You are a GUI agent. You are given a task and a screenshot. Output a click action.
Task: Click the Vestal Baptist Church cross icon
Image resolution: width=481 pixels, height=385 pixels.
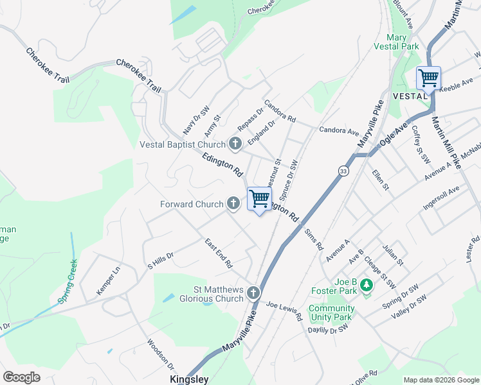(x=235, y=144)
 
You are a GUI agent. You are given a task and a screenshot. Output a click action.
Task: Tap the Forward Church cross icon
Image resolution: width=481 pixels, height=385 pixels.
(x=234, y=204)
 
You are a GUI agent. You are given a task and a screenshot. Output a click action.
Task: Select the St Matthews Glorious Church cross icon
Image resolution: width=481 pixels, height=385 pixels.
(x=253, y=293)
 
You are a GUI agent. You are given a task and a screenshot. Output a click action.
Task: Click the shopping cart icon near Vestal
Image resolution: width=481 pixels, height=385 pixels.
(x=428, y=78)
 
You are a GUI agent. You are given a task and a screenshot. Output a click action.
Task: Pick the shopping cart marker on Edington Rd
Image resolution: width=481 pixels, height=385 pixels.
(x=259, y=199)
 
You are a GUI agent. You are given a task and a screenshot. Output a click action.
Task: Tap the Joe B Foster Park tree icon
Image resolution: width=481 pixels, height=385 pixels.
(x=367, y=284)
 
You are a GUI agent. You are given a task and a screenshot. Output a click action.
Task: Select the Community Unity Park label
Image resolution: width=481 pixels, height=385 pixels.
(x=331, y=312)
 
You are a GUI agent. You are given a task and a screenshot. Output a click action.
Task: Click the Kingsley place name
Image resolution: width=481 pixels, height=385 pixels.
(x=190, y=379)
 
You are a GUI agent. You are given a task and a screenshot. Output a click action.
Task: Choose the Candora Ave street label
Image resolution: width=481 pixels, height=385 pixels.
(x=339, y=130)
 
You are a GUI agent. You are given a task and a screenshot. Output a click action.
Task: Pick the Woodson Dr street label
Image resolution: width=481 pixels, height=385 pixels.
(x=161, y=354)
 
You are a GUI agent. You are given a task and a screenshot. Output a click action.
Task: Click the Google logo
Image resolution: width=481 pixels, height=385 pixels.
(x=21, y=377)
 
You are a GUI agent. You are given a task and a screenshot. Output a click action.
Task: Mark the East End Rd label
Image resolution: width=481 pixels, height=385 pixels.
(x=219, y=253)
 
